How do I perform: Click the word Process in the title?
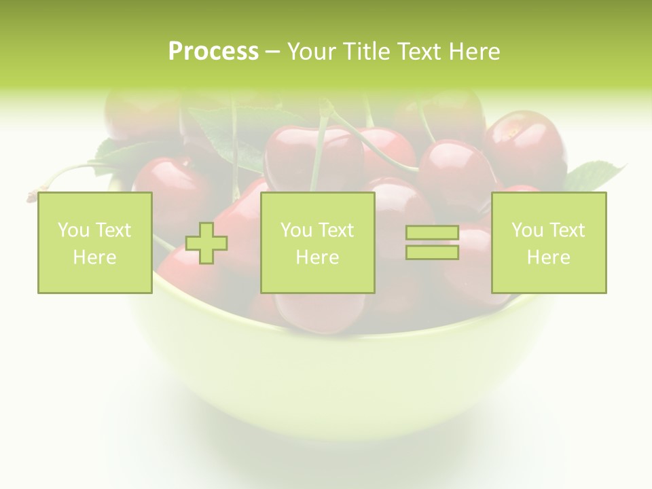pyautogui.click(x=213, y=52)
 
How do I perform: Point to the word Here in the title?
pyautogui.click(x=473, y=52)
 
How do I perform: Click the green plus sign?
pyautogui.click(x=206, y=243)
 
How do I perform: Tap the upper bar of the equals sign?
pyautogui.click(x=432, y=233)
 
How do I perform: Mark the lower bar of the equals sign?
pyautogui.click(x=432, y=253)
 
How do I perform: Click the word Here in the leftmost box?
pyautogui.click(x=94, y=257)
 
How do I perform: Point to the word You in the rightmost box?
pyautogui.click(x=526, y=230)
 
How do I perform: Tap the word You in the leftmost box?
pyautogui.click(x=73, y=230)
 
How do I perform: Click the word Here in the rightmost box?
pyautogui.click(x=548, y=257)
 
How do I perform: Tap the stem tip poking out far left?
pyautogui.click(x=31, y=197)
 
